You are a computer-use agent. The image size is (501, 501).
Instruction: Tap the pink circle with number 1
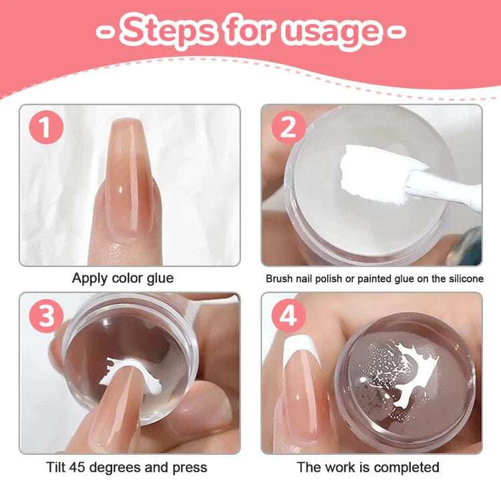click(45, 128)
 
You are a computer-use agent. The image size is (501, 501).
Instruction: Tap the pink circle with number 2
click(287, 128)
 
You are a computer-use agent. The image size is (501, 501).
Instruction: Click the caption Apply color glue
click(123, 278)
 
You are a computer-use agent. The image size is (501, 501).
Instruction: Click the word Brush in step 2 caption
click(279, 279)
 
